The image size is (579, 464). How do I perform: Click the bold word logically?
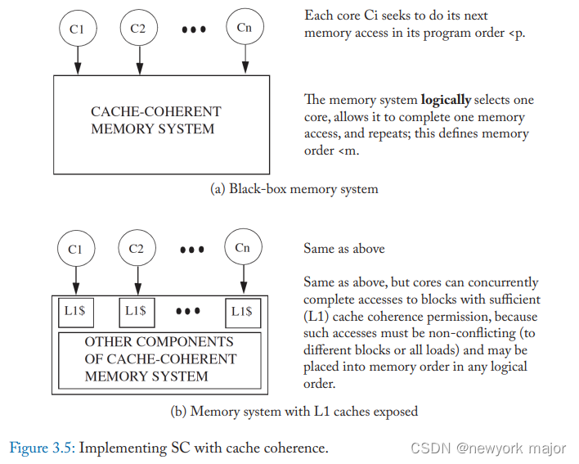(446, 100)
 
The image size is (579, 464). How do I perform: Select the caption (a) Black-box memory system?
(294, 188)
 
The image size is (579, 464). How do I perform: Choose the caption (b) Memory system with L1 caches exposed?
(294, 411)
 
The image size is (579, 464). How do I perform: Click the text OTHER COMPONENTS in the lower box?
(159, 341)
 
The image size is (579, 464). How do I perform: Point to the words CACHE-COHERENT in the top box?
(155, 111)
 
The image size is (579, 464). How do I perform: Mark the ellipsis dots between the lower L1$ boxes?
(188, 311)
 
